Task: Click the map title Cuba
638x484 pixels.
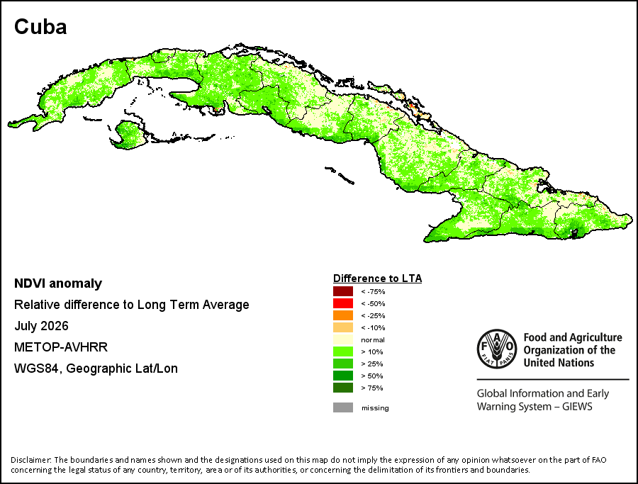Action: tap(40, 27)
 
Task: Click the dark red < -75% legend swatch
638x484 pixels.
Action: tap(343, 291)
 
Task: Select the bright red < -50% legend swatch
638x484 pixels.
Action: tap(343, 303)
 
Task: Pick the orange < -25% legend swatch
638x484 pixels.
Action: tap(343, 315)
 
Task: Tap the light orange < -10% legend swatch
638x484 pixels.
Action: tap(343, 327)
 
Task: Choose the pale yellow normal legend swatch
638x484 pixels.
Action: tap(343, 339)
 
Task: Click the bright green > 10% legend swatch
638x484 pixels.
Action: tap(343, 351)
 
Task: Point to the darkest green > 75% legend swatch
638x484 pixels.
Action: tap(343, 388)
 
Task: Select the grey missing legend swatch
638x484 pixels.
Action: tap(343, 407)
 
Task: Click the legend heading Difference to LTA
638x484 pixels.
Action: tap(378, 278)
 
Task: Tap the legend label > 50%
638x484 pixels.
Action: tap(372, 376)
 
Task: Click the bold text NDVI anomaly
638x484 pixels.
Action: tap(58, 283)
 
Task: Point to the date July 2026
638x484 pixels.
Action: tap(42, 326)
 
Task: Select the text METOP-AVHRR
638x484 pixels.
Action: tap(61, 347)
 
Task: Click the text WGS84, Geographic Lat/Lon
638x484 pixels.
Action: tap(96, 368)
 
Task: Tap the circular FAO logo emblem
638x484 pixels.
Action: tap(497, 349)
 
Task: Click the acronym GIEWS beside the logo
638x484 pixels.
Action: tap(577, 406)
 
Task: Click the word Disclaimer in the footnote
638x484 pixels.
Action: tap(30, 460)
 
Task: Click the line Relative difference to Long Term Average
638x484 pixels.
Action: tap(132, 305)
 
